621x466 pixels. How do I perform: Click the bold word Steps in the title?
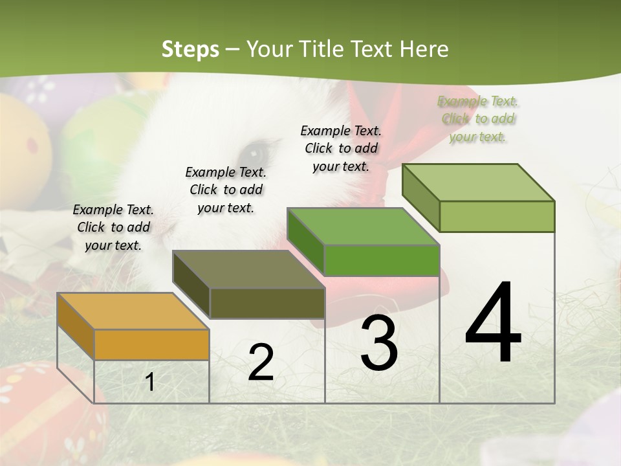point(190,49)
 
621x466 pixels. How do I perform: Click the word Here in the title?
point(424,49)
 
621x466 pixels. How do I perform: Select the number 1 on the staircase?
point(150,383)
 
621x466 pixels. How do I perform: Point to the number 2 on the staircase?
point(261,362)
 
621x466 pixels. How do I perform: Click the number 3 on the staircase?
point(379,343)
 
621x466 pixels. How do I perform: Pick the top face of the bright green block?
point(363,227)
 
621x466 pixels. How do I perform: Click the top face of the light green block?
point(479,183)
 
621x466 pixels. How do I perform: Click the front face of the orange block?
point(151,344)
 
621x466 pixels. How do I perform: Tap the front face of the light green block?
point(497,216)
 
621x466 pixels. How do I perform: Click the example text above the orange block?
point(113,227)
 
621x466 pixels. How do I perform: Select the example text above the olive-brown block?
point(226,190)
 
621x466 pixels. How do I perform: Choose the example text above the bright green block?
point(341,148)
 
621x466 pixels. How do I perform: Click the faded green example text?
point(478,118)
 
